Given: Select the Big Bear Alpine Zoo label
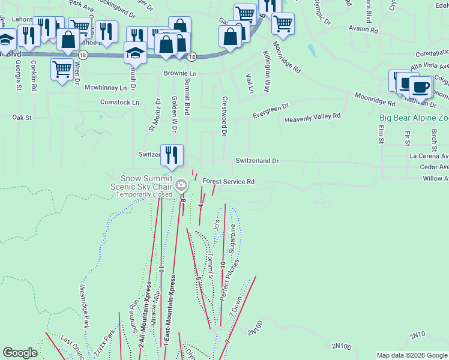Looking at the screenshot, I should (414, 118).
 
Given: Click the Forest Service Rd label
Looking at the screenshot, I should (229, 181).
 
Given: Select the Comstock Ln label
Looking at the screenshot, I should (119, 103).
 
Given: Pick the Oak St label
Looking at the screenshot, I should (22, 118).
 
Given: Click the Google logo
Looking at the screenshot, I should (20, 353).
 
